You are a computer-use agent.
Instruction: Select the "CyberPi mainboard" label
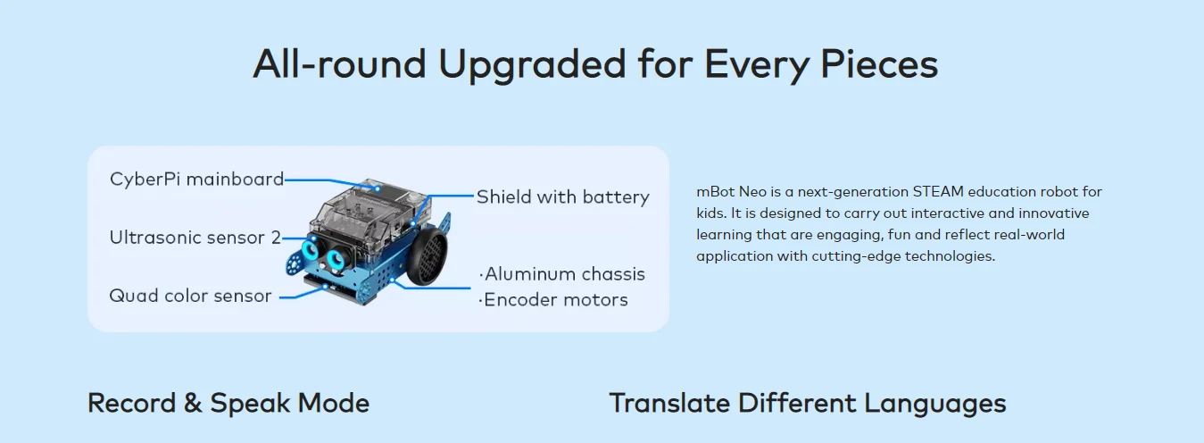click(196, 179)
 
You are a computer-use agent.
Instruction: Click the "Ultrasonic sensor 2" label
click(195, 238)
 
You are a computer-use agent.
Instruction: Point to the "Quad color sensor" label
click(190, 296)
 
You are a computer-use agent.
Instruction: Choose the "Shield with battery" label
click(562, 196)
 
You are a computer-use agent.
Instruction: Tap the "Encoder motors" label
click(554, 300)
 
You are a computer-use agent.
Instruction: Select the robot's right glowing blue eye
click(336, 259)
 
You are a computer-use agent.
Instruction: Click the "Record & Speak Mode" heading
click(228, 403)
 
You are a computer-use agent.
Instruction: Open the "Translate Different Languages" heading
click(807, 403)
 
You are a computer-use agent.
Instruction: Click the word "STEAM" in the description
click(934, 192)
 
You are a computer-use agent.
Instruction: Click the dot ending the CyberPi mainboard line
click(378, 188)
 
